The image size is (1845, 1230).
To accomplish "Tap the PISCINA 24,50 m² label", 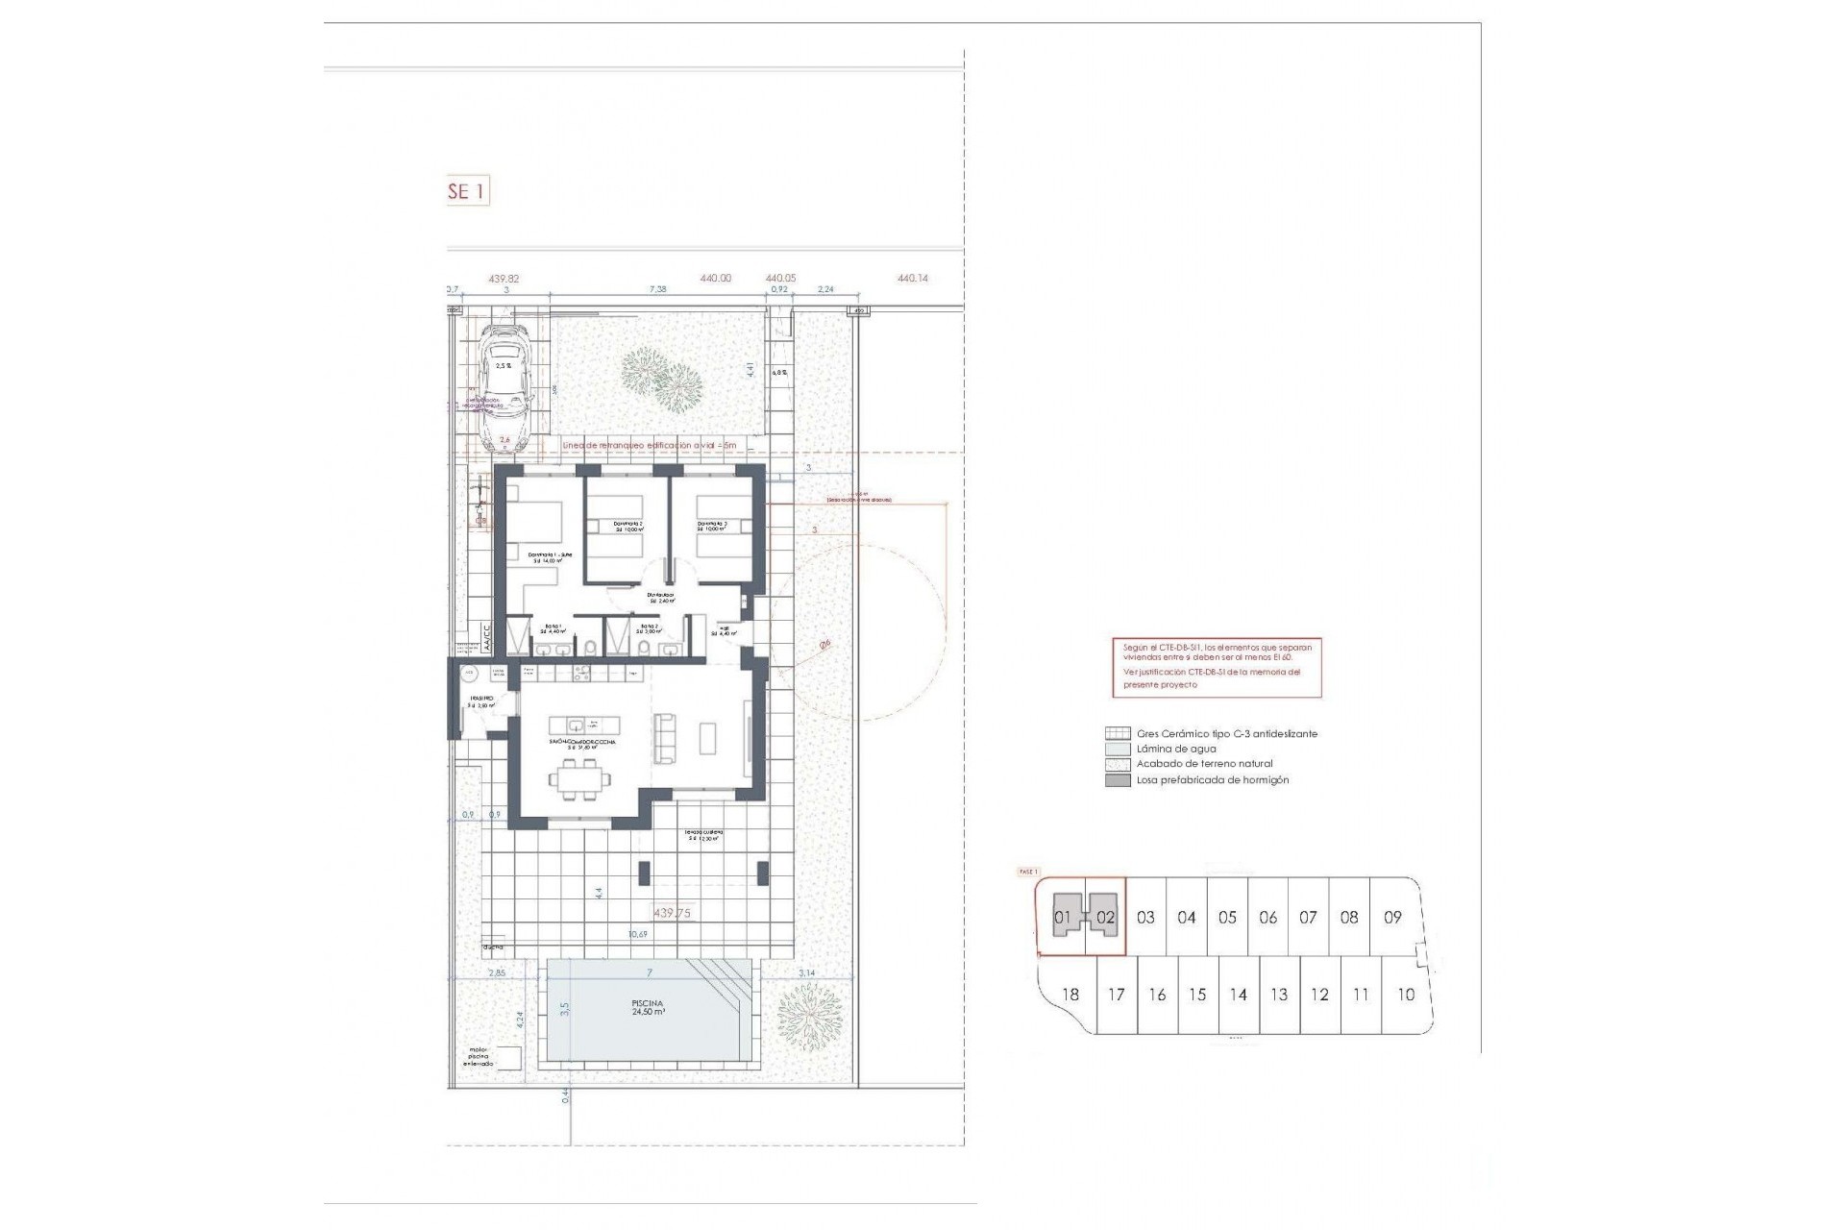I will (x=649, y=1007).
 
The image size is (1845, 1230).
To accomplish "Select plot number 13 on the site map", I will (x=1278, y=995).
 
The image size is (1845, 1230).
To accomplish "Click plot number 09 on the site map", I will (x=1392, y=917).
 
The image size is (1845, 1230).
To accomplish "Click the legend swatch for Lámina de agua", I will (x=1118, y=749).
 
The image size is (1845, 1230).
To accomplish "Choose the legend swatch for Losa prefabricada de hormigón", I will (x=1118, y=780).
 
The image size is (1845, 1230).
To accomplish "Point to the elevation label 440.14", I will (x=912, y=279).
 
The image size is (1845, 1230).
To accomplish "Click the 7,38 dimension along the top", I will (x=657, y=288).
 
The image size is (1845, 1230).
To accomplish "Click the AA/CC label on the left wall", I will (x=486, y=639).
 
